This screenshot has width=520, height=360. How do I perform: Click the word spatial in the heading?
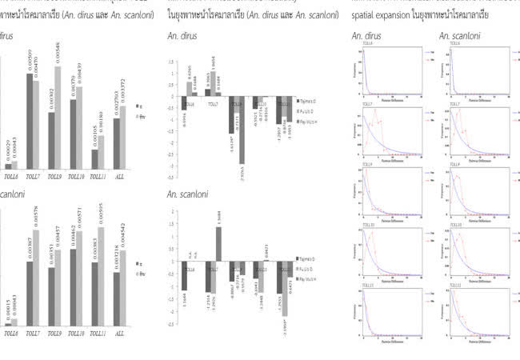366,15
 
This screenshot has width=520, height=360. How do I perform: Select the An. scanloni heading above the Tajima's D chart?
189,194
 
